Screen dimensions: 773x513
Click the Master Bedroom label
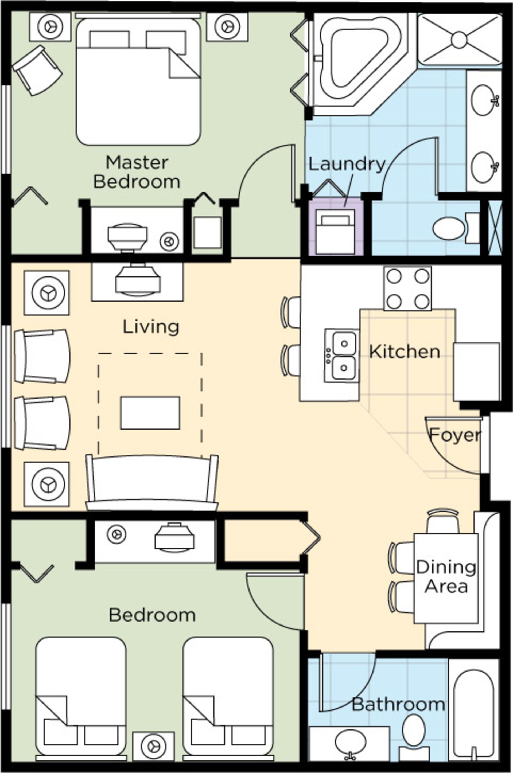tap(137, 172)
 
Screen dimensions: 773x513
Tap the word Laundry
tap(347, 164)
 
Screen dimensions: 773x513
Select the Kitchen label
tap(404, 352)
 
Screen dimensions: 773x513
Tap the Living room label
tap(151, 327)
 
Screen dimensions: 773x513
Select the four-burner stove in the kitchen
tap(408, 288)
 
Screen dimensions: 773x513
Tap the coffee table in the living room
tap(150, 413)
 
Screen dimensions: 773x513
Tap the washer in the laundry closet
tap(335, 231)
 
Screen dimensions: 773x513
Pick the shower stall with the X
tap(459, 39)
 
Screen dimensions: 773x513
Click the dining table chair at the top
tap(443, 522)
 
